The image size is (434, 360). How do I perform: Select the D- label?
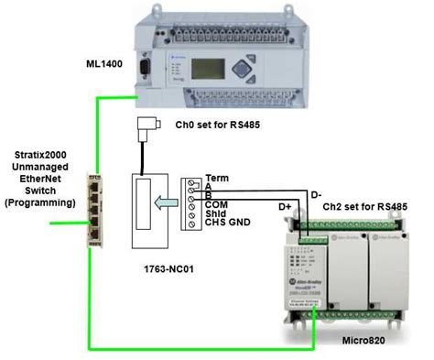[317, 194]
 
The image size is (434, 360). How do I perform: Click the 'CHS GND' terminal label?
[226, 223]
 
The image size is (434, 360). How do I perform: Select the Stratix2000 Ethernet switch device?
[93, 210]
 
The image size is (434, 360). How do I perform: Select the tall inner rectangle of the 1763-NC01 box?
[143, 205]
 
